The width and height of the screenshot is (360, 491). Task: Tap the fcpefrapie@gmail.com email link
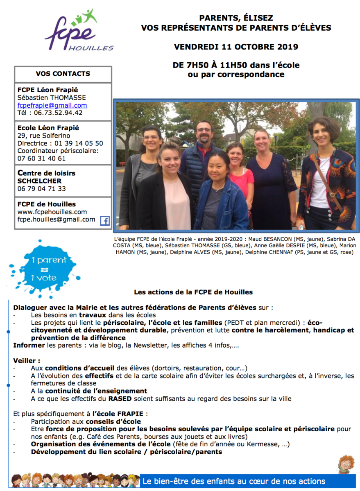(52, 105)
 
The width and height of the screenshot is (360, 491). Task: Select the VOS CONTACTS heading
(63, 74)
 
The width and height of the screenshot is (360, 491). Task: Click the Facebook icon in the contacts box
(105, 221)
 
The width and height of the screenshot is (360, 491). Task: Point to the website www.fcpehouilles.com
(52, 212)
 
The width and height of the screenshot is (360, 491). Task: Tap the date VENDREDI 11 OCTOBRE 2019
(236, 47)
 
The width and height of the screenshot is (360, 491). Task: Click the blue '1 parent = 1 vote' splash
(44, 269)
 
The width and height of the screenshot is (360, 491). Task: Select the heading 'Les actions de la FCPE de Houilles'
(193, 292)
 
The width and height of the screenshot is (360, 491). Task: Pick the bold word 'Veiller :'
(27, 361)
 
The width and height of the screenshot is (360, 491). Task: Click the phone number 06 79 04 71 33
(41, 189)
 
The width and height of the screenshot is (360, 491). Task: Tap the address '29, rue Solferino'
(44, 136)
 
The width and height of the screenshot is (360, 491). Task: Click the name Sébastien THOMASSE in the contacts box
(52, 97)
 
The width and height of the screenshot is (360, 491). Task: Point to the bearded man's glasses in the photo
(204, 130)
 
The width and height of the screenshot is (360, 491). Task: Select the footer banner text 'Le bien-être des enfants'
(233, 481)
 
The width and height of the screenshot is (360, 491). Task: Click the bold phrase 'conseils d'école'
(113, 421)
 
